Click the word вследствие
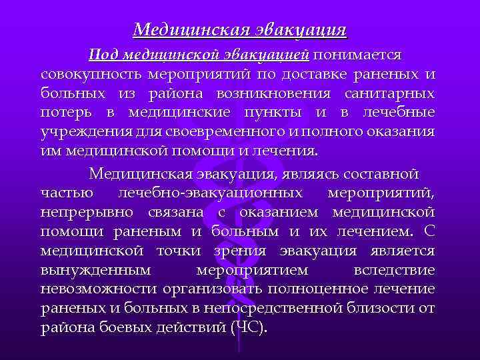tap(395, 271)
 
